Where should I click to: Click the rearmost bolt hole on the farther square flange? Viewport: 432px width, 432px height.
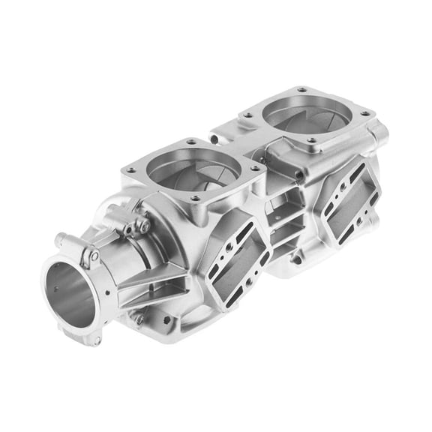pos(301,90)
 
